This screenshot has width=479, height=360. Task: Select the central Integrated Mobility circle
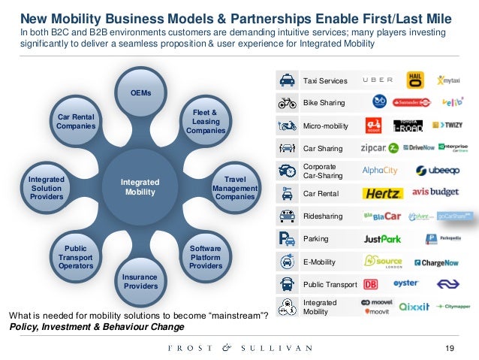pos(138,186)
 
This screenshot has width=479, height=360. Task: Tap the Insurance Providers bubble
pos(140,281)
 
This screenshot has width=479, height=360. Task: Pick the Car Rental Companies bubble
pos(76,122)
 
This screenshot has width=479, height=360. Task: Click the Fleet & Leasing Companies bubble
pos(205,121)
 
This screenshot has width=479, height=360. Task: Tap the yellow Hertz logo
pos(383,194)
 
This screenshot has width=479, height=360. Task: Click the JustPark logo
pos(382,239)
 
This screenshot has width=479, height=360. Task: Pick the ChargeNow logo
pos(436,262)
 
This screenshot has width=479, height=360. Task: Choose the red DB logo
pos(370,285)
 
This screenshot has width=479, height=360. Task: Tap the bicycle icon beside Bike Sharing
pos(286,103)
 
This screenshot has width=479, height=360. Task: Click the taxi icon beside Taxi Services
pos(286,80)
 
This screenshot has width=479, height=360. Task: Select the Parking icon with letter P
pos(286,239)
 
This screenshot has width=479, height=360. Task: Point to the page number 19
pos(450,347)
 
